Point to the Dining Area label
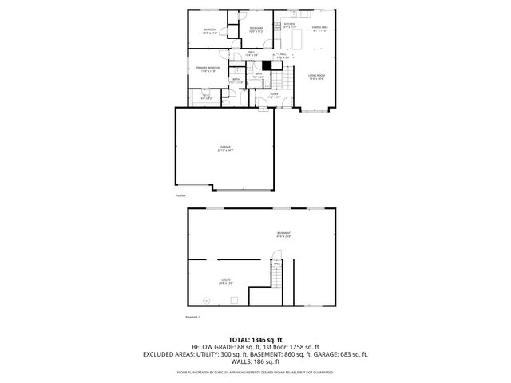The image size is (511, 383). tap(319, 29)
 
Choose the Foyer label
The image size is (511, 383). tap(273, 95)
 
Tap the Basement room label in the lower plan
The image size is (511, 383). tap(283, 235)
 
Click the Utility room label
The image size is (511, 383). tap(227, 280)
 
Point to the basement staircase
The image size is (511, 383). tap(275, 278)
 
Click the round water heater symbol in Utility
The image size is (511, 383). tap(206, 300)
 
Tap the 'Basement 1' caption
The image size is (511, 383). tap(192, 316)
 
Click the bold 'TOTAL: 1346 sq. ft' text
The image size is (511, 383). tap(255, 339)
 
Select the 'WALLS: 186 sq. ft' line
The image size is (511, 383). tap(255, 361)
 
